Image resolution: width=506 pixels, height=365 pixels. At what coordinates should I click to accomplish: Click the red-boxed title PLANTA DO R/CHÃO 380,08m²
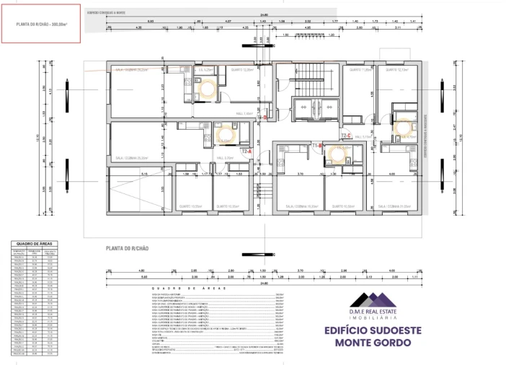(41, 24)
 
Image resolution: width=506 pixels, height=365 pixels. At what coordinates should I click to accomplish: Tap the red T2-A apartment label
(246, 152)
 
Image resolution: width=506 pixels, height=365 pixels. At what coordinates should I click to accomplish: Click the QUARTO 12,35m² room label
(242, 70)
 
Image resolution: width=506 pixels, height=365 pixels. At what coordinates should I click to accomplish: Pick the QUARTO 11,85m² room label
(360, 70)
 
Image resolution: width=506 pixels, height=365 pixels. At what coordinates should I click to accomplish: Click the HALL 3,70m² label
(224, 158)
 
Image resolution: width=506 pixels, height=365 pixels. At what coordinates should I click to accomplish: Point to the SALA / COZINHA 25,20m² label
(132, 157)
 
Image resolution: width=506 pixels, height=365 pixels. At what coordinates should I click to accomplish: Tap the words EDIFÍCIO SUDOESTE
(390, 330)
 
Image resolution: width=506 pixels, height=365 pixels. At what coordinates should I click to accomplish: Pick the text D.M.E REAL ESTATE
(389, 312)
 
